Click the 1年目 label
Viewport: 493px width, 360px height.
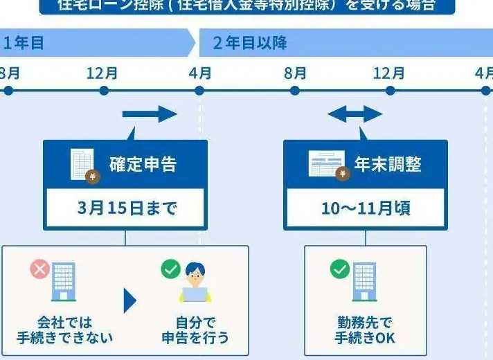tap(24, 44)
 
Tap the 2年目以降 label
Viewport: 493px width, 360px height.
tap(250, 44)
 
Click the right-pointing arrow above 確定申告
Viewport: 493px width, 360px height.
tap(150, 114)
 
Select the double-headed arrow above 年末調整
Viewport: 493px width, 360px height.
tap(355, 114)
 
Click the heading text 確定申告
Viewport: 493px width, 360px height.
tap(143, 164)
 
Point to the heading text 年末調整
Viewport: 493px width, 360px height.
tap(388, 164)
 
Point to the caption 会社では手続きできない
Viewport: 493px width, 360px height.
tap(64, 330)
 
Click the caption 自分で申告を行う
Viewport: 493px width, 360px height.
tap(195, 330)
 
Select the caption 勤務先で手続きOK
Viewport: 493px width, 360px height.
tap(365, 330)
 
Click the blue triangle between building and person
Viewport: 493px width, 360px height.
tap(129, 300)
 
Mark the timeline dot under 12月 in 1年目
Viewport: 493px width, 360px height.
tap(104, 91)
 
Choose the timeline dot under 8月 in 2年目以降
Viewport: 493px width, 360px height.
tap(294, 91)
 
